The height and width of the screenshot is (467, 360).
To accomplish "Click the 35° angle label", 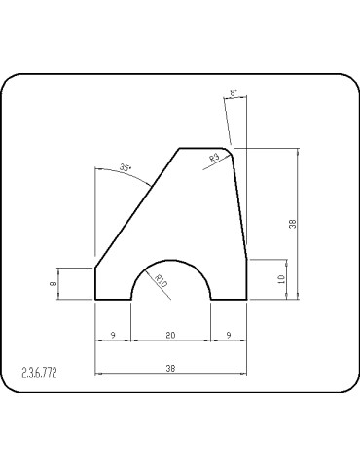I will pos(125,168).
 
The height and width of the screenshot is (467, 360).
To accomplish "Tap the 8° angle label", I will pos(233,94).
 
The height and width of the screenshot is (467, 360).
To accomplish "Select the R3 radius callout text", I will pos(215,158).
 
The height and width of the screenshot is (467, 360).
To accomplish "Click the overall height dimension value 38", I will pos(292,224).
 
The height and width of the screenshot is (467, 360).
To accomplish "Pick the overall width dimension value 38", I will pos(170,368).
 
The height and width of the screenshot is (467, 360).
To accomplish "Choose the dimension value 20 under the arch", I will pos(170,335).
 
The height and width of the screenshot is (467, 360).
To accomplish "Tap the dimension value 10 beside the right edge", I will pos(281,280).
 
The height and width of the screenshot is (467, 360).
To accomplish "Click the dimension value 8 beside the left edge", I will pos(54,283).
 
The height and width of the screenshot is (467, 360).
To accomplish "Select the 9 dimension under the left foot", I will pos(113,335).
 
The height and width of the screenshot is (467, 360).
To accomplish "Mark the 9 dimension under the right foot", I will pos(228,335).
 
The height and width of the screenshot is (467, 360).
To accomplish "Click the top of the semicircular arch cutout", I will pos(170,261).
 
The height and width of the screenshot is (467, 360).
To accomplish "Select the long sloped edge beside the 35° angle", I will pos(136,207).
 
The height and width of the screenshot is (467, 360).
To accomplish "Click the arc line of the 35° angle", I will pos(136,175).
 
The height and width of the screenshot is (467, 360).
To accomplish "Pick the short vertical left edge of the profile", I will pos(94,283).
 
